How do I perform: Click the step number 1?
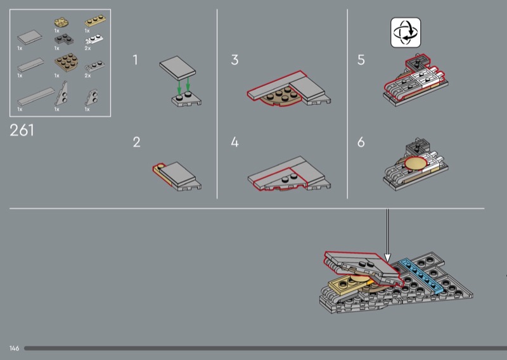(x=135, y=60)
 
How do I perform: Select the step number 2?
(x=136, y=142)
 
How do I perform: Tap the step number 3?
(x=234, y=60)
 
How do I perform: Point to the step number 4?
(x=234, y=142)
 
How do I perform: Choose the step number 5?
(x=361, y=60)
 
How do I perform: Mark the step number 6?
(x=361, y=142)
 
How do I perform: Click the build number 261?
(x=22, y=131)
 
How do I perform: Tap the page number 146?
(x=14, y=349)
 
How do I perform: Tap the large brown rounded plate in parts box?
(x=63, y=63)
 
